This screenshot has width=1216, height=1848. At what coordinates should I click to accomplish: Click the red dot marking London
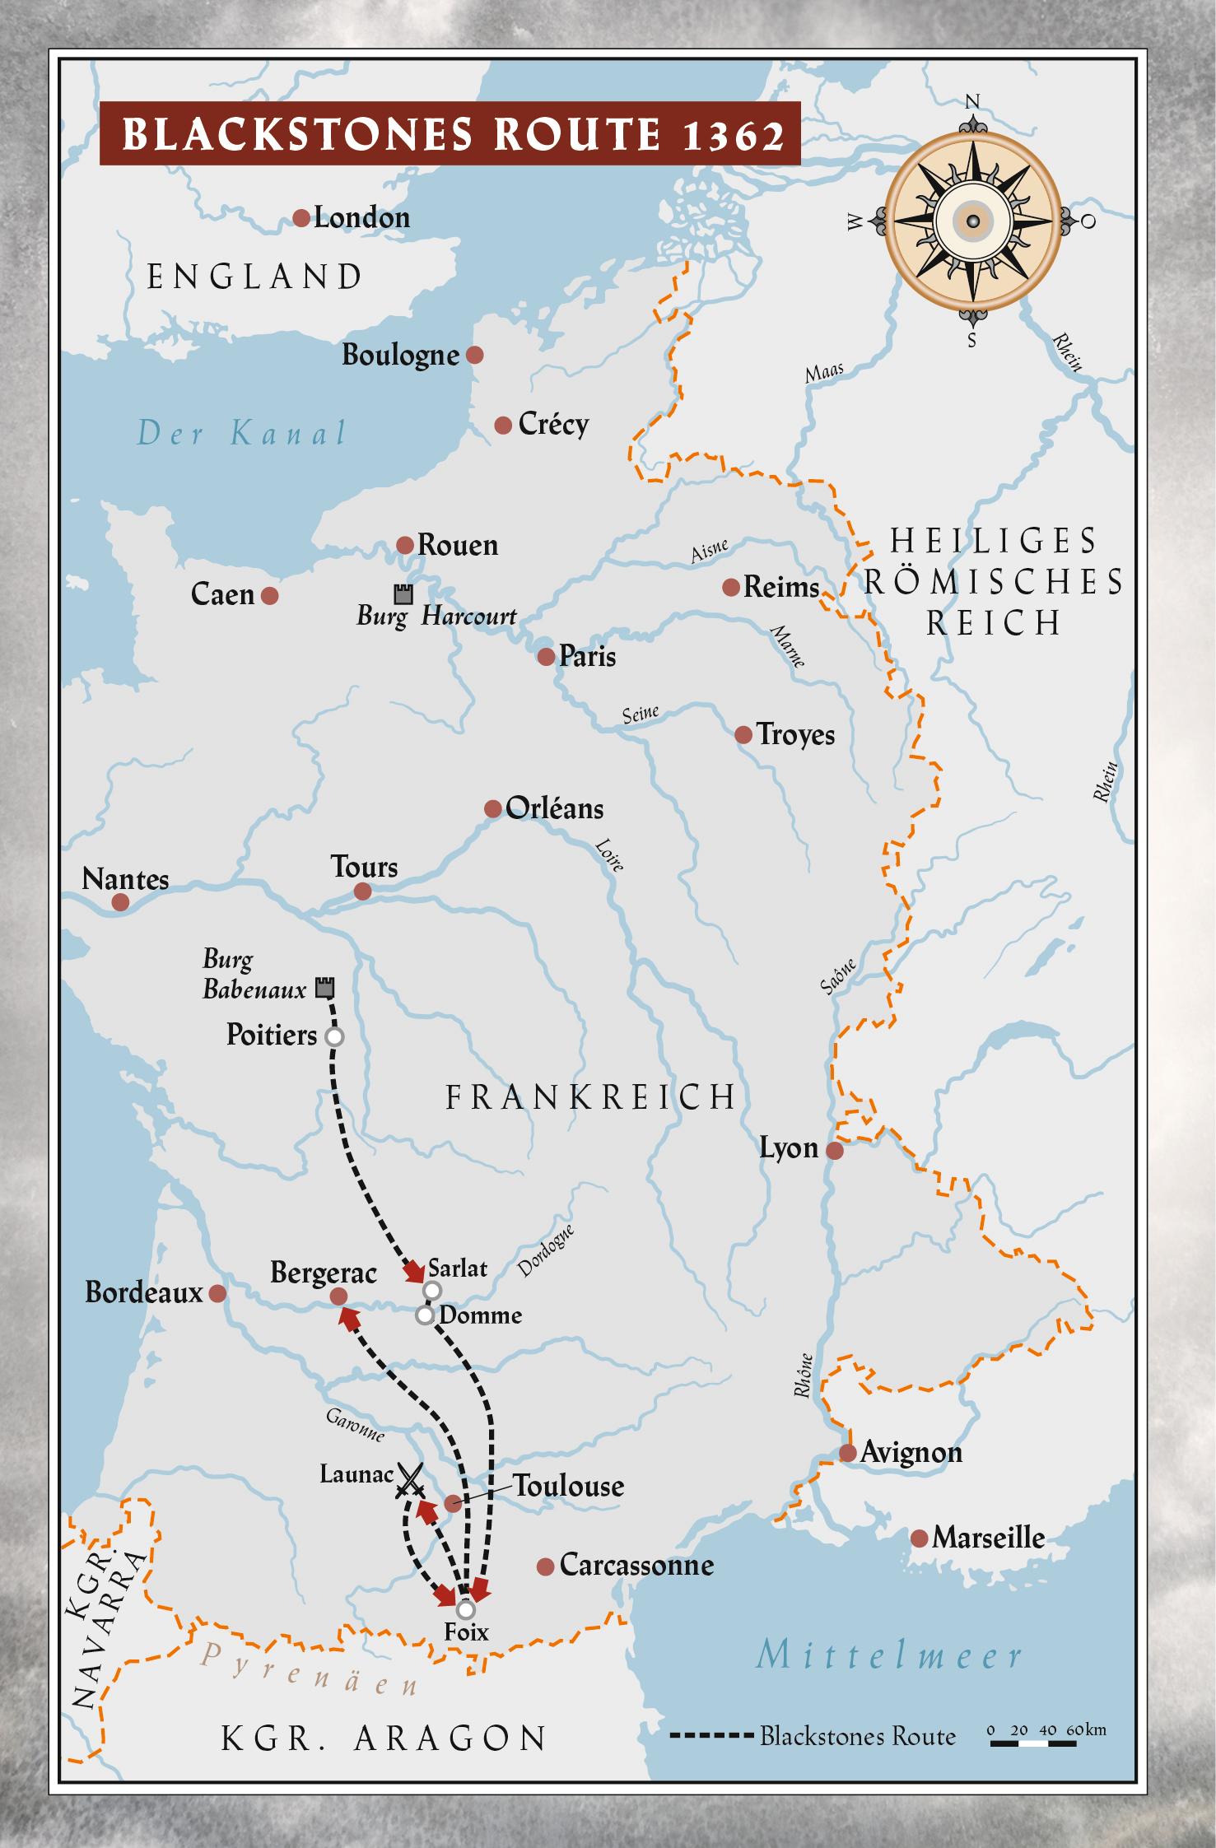301,218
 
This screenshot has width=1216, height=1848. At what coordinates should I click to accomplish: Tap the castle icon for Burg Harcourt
403,594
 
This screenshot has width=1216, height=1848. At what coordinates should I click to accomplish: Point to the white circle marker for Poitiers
334,1036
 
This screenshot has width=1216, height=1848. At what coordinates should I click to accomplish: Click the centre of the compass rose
972,221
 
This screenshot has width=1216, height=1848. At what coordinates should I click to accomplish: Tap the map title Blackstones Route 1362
450,133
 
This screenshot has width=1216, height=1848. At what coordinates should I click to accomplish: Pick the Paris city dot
546,656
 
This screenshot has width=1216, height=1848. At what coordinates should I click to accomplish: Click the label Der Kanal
241,433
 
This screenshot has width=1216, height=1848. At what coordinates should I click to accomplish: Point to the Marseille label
988,1538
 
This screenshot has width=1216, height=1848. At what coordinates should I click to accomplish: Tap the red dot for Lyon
834,1151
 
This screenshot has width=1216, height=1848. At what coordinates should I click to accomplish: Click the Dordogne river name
545,1252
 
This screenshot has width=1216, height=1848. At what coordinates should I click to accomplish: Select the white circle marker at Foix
466,1608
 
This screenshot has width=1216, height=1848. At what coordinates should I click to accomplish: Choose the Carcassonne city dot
545,1566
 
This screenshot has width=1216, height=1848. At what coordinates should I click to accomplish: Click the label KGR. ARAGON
384,1739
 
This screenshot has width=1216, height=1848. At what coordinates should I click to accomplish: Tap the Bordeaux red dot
217,1293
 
